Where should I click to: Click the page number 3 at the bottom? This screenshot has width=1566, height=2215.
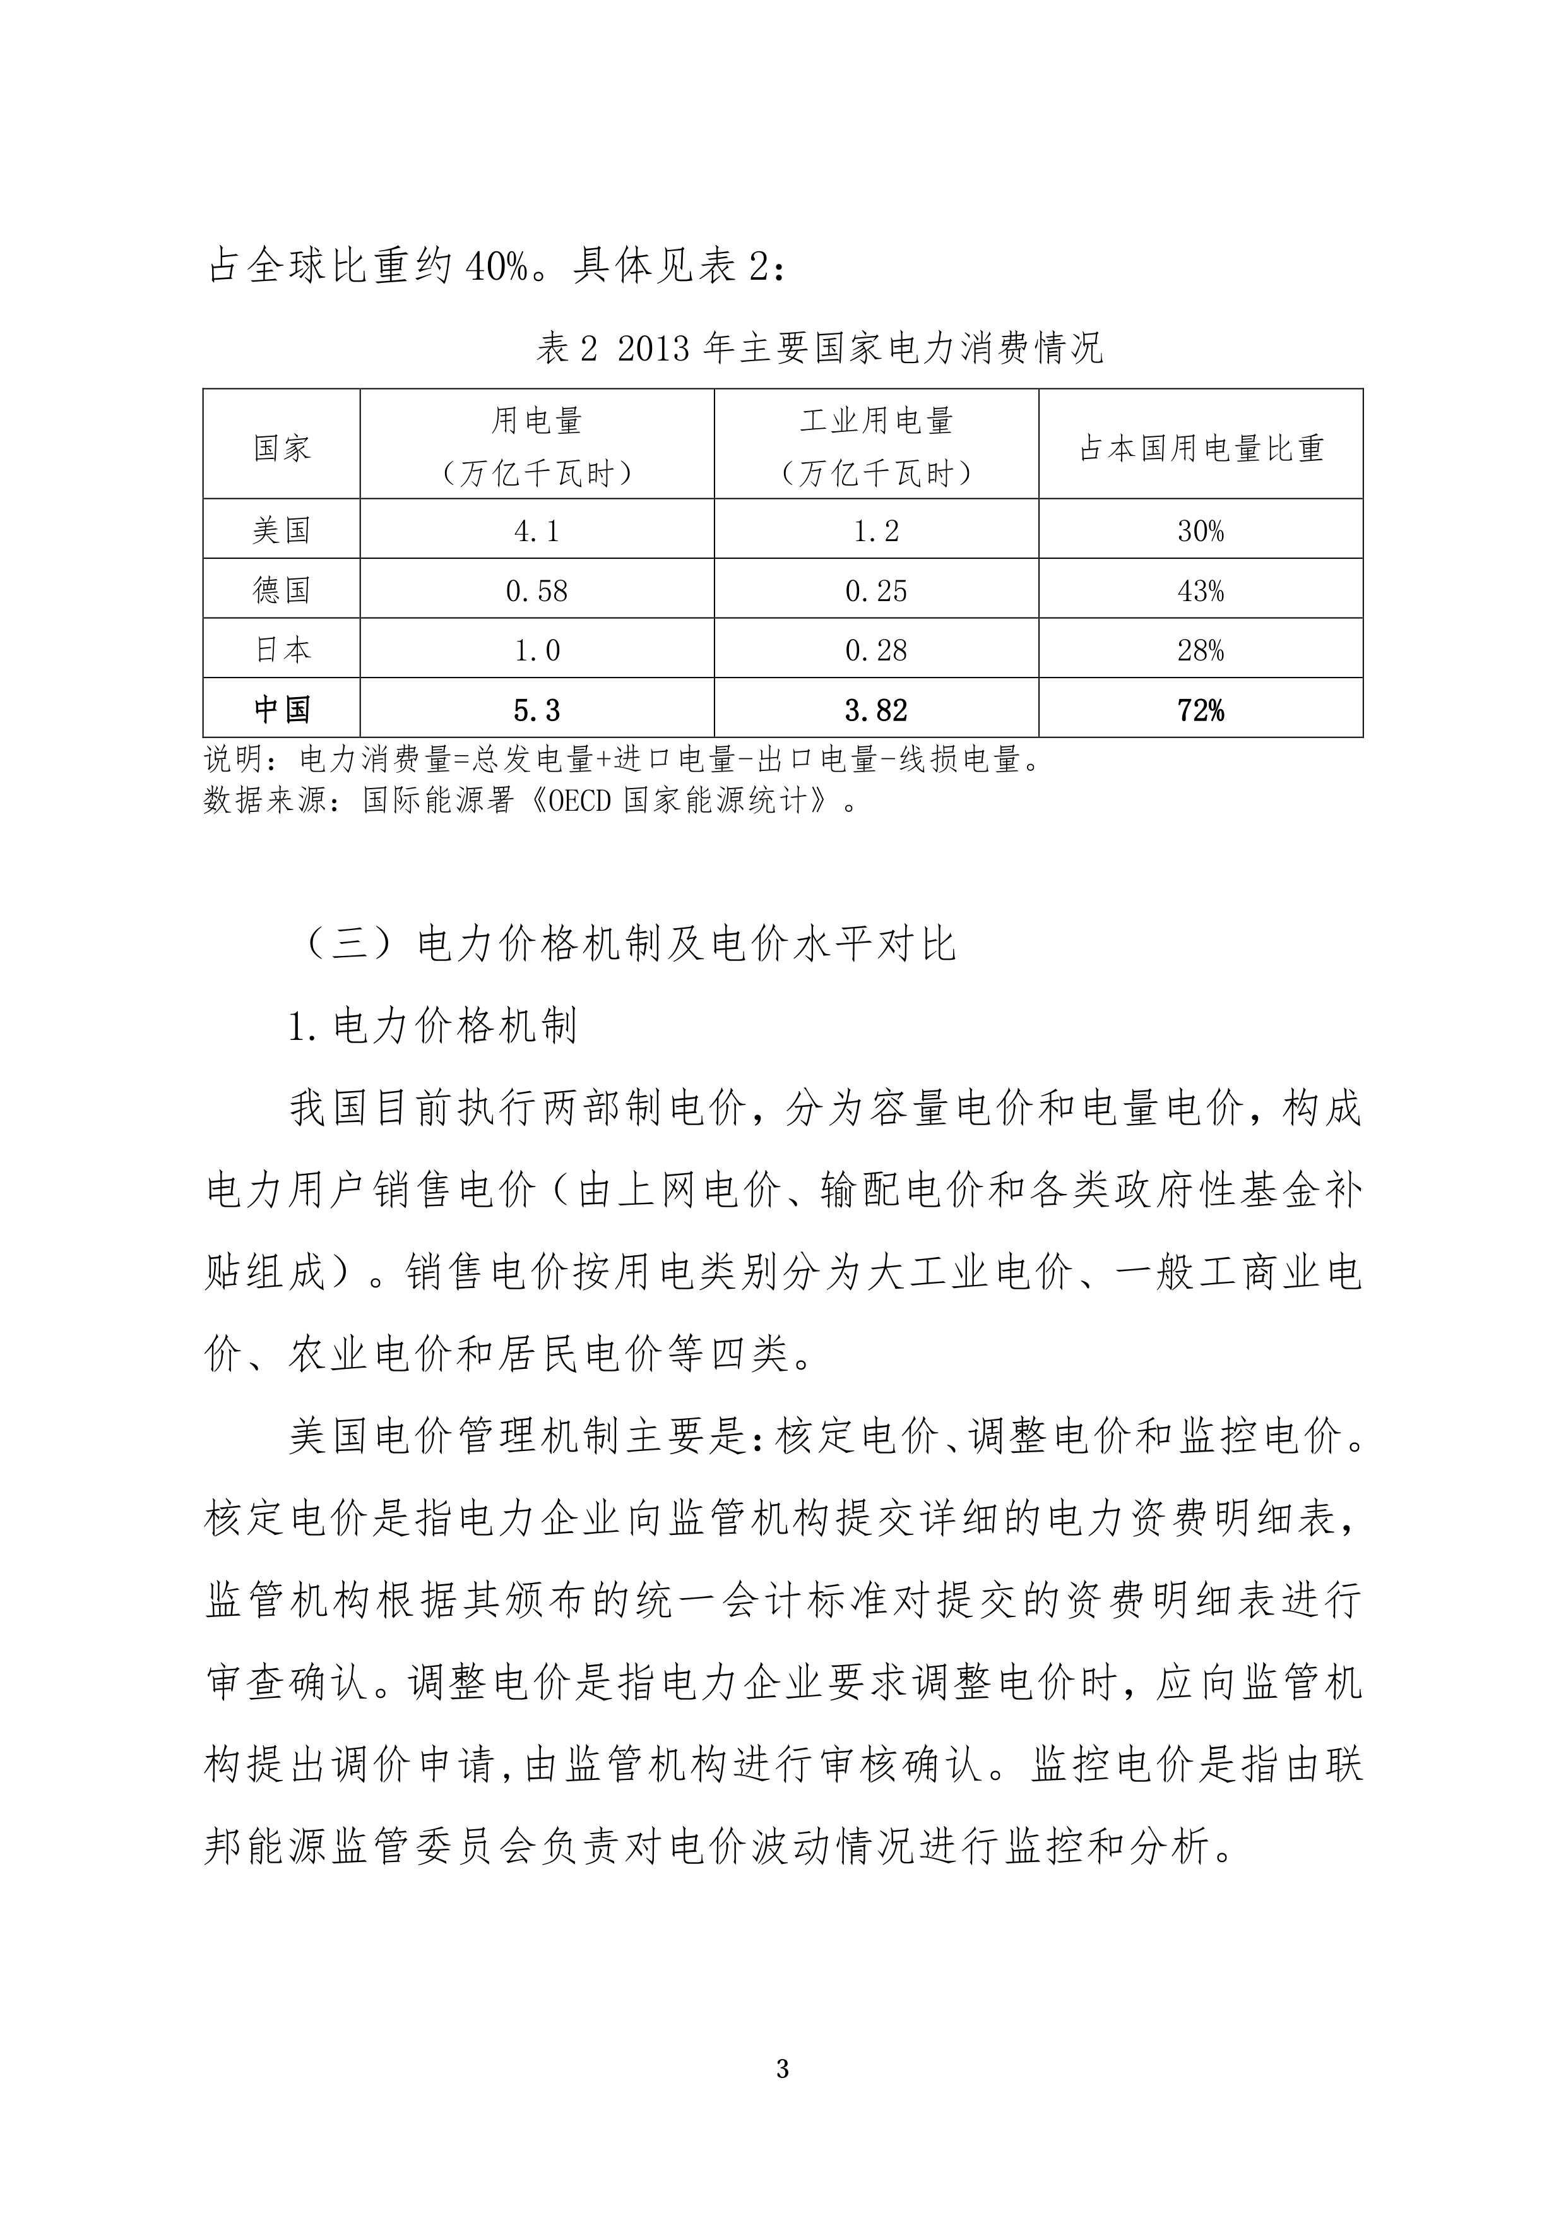click(x=782, y=2069)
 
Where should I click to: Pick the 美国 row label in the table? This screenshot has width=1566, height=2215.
click(x=282, y=530)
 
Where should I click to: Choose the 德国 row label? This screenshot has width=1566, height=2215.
click(x=282, y=590)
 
